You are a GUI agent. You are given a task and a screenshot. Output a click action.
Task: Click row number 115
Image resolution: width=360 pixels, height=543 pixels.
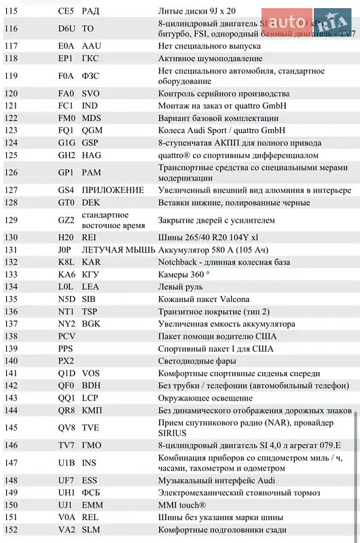(12, 12)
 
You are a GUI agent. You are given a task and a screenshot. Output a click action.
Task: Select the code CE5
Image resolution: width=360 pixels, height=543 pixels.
(66, 12)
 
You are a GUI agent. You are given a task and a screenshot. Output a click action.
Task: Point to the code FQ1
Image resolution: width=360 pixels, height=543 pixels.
(66, 130)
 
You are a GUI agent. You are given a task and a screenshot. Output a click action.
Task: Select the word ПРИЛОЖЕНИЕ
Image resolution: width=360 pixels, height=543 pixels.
(113, 190)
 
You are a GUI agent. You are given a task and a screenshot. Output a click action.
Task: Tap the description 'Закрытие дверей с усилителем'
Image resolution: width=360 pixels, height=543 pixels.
(217, 220)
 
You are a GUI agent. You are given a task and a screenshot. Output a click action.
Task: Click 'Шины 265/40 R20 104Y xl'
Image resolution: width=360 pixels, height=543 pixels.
(209, 238)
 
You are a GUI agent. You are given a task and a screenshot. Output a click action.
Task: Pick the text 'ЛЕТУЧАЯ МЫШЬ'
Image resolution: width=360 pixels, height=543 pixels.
(118, 250)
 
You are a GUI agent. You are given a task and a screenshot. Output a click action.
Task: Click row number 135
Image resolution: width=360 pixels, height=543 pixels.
(12, 299)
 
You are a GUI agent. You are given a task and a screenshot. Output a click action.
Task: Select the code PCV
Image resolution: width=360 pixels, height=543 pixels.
(67, 336)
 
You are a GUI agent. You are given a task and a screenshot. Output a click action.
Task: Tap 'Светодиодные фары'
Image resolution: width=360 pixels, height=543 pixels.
(198, 361)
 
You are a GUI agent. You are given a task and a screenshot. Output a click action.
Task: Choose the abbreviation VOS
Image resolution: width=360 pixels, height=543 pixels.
(91, 373)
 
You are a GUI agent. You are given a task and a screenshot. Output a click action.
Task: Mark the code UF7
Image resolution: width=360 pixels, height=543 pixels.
(67, 481)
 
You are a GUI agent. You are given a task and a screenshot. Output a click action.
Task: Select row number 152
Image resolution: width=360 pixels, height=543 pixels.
(12, 529)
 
